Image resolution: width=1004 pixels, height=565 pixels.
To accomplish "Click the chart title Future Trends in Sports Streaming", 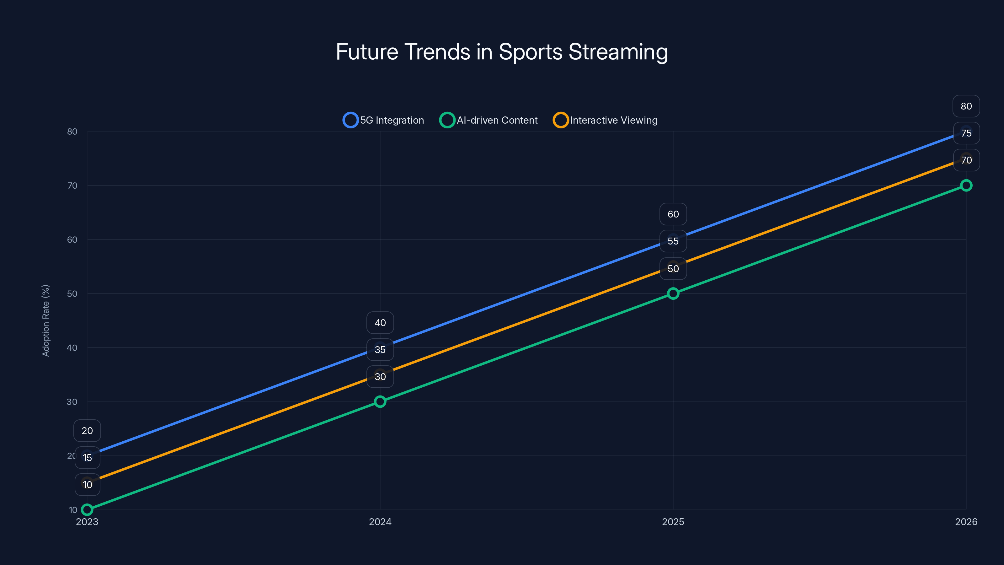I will [502, 52].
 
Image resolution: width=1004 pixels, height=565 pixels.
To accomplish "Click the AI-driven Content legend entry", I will [489, 120].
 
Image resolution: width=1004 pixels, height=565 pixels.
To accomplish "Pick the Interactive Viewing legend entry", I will [605, 120].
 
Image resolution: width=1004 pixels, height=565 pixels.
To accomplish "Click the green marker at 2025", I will [673, 293].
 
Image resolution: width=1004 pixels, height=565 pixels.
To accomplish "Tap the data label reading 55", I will [673, 241].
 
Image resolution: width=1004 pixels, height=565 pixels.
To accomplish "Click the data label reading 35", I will [380, 349].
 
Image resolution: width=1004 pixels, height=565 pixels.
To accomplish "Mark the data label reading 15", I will [87, 457].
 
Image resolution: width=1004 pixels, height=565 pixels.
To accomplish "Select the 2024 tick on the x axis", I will [380, 522].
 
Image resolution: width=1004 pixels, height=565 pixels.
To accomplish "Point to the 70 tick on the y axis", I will [72, 186].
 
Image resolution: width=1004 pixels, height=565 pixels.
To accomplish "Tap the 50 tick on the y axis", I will [72, 293].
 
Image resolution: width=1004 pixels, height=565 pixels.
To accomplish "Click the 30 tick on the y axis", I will [72, 402].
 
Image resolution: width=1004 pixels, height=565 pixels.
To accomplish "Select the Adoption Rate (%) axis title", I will [45, 320].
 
